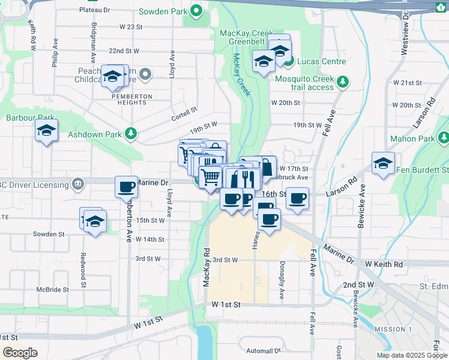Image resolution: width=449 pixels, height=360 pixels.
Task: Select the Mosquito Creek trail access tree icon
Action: [x=343, y=82]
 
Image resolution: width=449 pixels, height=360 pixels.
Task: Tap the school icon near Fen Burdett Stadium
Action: [x=383, y=164]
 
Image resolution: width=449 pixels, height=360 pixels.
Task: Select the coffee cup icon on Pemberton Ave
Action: [x=126, y=187]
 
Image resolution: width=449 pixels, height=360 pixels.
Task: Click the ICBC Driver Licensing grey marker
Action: [x=77, y=184]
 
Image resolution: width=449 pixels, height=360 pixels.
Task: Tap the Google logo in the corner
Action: [x=20, y=353]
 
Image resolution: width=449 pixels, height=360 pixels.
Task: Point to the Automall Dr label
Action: [x=261, y=350]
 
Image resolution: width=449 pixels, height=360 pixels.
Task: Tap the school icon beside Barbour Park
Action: [x=46, y=130]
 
